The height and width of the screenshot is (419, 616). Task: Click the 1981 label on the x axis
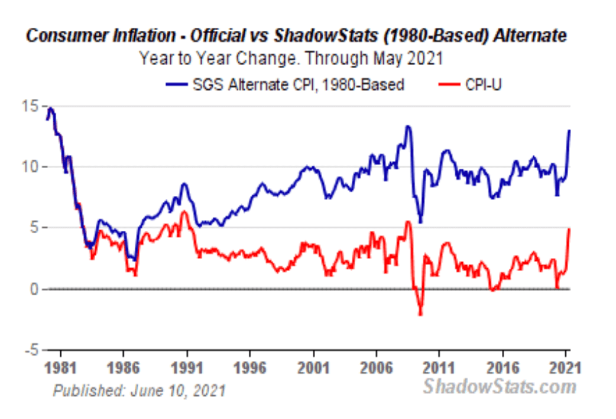click(x=60, y=368)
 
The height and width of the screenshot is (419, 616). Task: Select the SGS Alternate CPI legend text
click(x=299, y=85)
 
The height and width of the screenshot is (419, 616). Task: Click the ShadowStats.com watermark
click(x=499, y=387)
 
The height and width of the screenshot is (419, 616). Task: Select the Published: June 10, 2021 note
click(x=139, y=391)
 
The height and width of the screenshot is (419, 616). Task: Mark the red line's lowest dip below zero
click(x=420, y=314)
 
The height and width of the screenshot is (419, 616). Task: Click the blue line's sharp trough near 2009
click(x=420, y=222)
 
